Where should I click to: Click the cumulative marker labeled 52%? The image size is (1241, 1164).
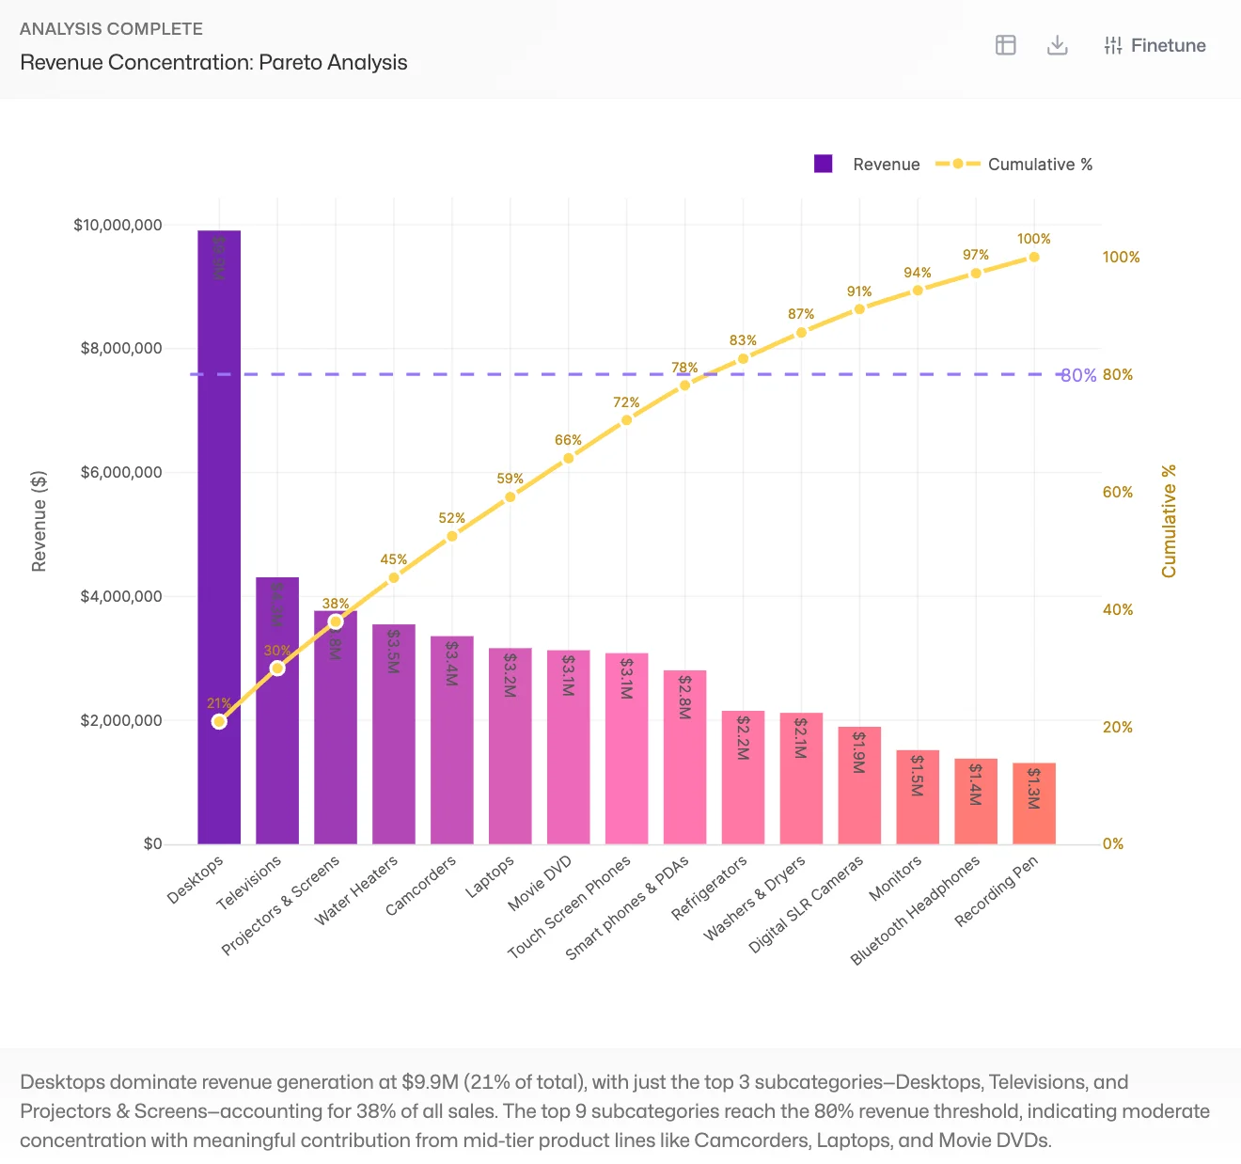452,536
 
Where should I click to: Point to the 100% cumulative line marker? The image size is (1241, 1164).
1034,257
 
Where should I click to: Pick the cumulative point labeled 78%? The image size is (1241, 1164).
684,385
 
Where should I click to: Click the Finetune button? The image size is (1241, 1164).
1155,45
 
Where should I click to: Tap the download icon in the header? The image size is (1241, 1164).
1058,45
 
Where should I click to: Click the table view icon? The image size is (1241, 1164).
1006,45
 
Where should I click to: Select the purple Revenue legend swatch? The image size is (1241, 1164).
824,164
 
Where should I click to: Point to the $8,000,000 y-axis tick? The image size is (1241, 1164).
121,349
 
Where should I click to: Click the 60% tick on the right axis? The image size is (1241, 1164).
1118,492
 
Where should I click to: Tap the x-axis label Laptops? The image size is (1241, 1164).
490,875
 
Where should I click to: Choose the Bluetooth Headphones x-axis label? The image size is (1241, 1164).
915,909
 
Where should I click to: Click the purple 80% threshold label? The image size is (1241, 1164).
1078,375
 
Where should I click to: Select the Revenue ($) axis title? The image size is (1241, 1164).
39,521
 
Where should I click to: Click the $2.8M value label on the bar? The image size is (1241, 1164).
684,697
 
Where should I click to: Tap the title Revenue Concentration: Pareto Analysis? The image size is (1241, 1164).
213,62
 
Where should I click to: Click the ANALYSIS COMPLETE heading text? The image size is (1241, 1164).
111,28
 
